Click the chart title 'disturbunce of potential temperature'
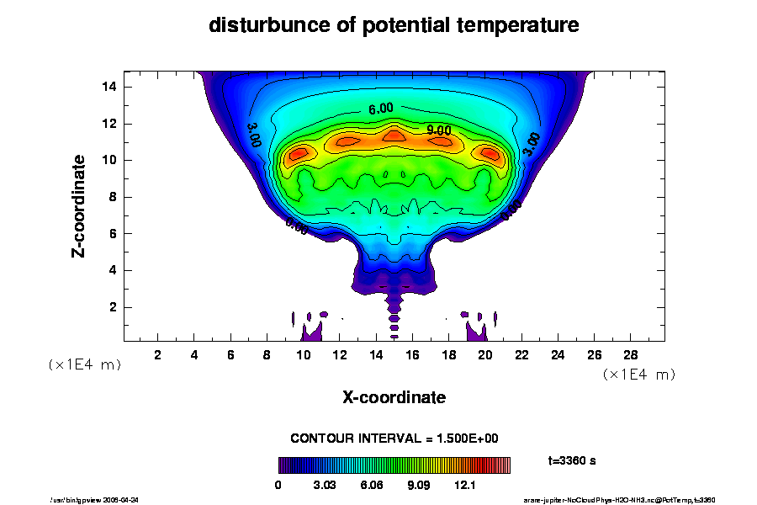[x=394, y=25]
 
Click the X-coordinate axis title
[x=394, y=396]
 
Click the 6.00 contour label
[x=380, y=109]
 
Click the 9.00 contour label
[x=438, y=130]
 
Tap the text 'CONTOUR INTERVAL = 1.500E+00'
[x=394, y=439]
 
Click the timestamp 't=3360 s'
[x=572, y=460]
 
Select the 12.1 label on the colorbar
[x=465, y=486]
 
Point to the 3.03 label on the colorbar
[x=326, y=486]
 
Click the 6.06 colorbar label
[x=372, y=486]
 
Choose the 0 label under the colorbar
[x=278, y=486]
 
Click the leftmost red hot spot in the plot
[x=299, y=153]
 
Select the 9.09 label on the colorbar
[x=419, y=486]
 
